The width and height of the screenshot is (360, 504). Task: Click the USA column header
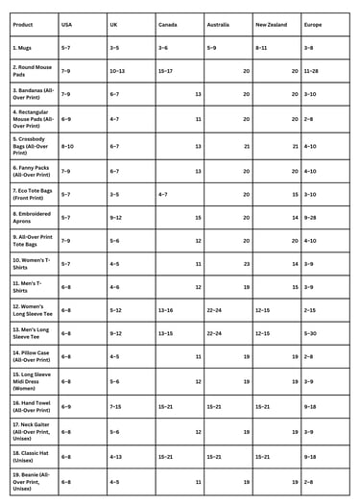click(66, 23)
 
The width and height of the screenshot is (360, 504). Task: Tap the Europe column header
click(313, 23)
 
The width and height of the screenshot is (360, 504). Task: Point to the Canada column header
click(168, 23)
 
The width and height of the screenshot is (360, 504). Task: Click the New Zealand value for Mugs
click(261, 47)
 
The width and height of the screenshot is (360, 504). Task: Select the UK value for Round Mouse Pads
click(117, 71)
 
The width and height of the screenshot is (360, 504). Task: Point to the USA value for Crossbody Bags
click(67, 146)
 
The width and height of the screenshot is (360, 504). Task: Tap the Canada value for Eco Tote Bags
click(164, 194)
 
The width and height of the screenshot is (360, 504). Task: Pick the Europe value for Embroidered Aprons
click(310, 217)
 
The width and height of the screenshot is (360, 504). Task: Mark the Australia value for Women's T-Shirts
click(245, 263)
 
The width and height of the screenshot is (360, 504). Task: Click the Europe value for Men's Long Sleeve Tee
click(309, 333)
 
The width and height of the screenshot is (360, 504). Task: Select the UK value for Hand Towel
click(115, 406)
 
